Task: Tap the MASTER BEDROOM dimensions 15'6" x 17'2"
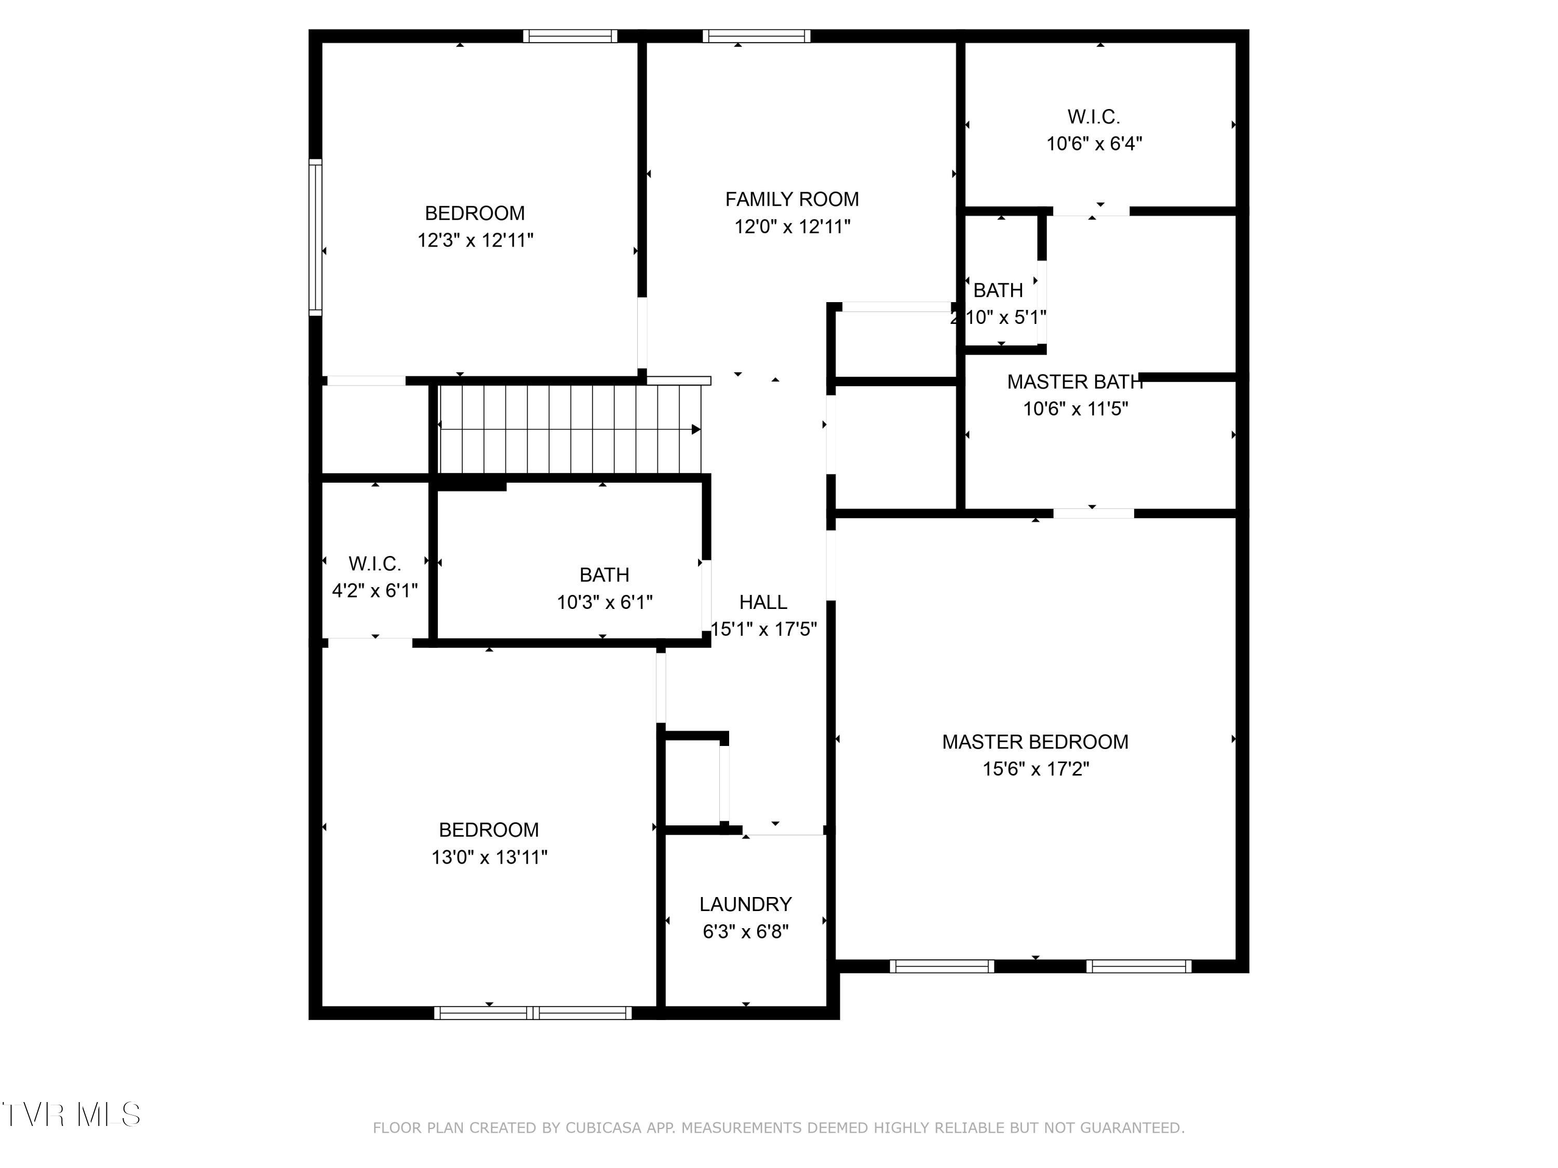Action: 1036,769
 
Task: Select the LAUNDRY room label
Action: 745,904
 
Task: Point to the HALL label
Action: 763,602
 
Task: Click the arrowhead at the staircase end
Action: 696,429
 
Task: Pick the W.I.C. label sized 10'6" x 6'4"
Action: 1093,117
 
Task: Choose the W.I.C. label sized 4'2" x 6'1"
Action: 375,563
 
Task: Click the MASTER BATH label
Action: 1075,382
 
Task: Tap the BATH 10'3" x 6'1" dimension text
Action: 605,602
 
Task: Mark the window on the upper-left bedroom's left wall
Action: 316,237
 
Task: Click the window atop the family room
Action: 757,36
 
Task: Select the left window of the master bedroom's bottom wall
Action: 942,966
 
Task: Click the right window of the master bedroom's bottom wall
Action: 1138,966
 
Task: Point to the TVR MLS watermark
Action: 71,1115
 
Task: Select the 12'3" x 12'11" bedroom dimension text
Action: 475,240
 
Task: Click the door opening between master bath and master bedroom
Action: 1093,513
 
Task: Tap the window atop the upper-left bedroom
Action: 570,36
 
